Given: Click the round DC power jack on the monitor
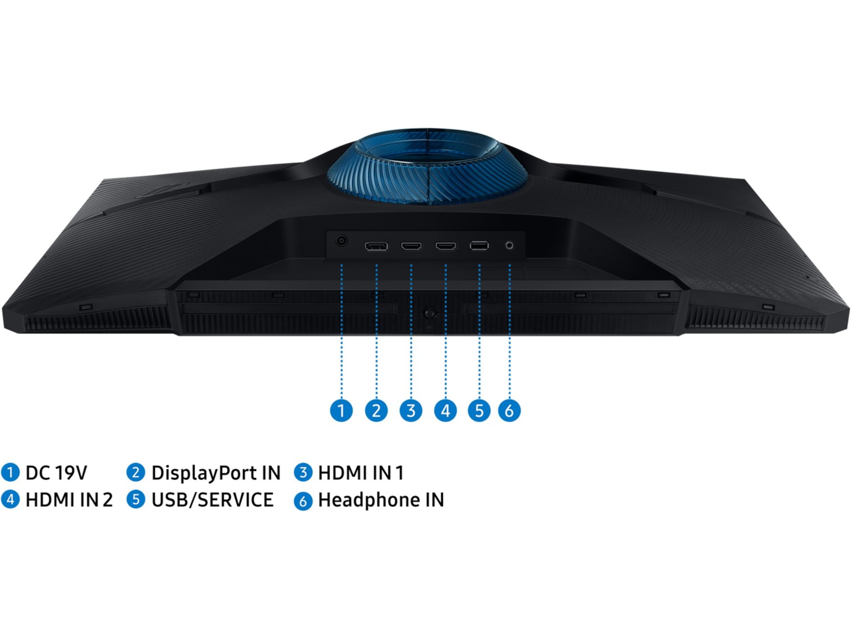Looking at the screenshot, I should point(341,241).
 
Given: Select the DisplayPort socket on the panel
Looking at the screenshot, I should point(376,246).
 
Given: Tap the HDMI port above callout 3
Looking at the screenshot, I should point(411,246).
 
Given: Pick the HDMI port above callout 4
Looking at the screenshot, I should point(446,246).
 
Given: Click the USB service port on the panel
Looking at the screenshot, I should point(479,246).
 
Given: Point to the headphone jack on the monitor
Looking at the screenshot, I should point(509,245).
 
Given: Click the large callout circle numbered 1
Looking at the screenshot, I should point(341,411).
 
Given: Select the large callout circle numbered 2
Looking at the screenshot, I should point(376,411).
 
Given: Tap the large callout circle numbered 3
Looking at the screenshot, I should point(411,411).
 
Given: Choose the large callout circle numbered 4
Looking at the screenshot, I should point(446,411).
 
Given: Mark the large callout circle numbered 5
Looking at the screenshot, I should point(479,411).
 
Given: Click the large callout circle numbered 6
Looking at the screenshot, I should point(509,411).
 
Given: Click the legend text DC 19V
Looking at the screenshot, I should point(56,473).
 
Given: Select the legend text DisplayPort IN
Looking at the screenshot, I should point(216,473).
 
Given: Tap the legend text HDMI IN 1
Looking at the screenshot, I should point(361,473).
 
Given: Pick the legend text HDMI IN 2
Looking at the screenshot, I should point(69,500).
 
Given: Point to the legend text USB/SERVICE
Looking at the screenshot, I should point(212,500).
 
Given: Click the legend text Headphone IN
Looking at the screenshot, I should point(381,500).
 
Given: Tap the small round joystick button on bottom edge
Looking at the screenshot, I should point(430,313).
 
